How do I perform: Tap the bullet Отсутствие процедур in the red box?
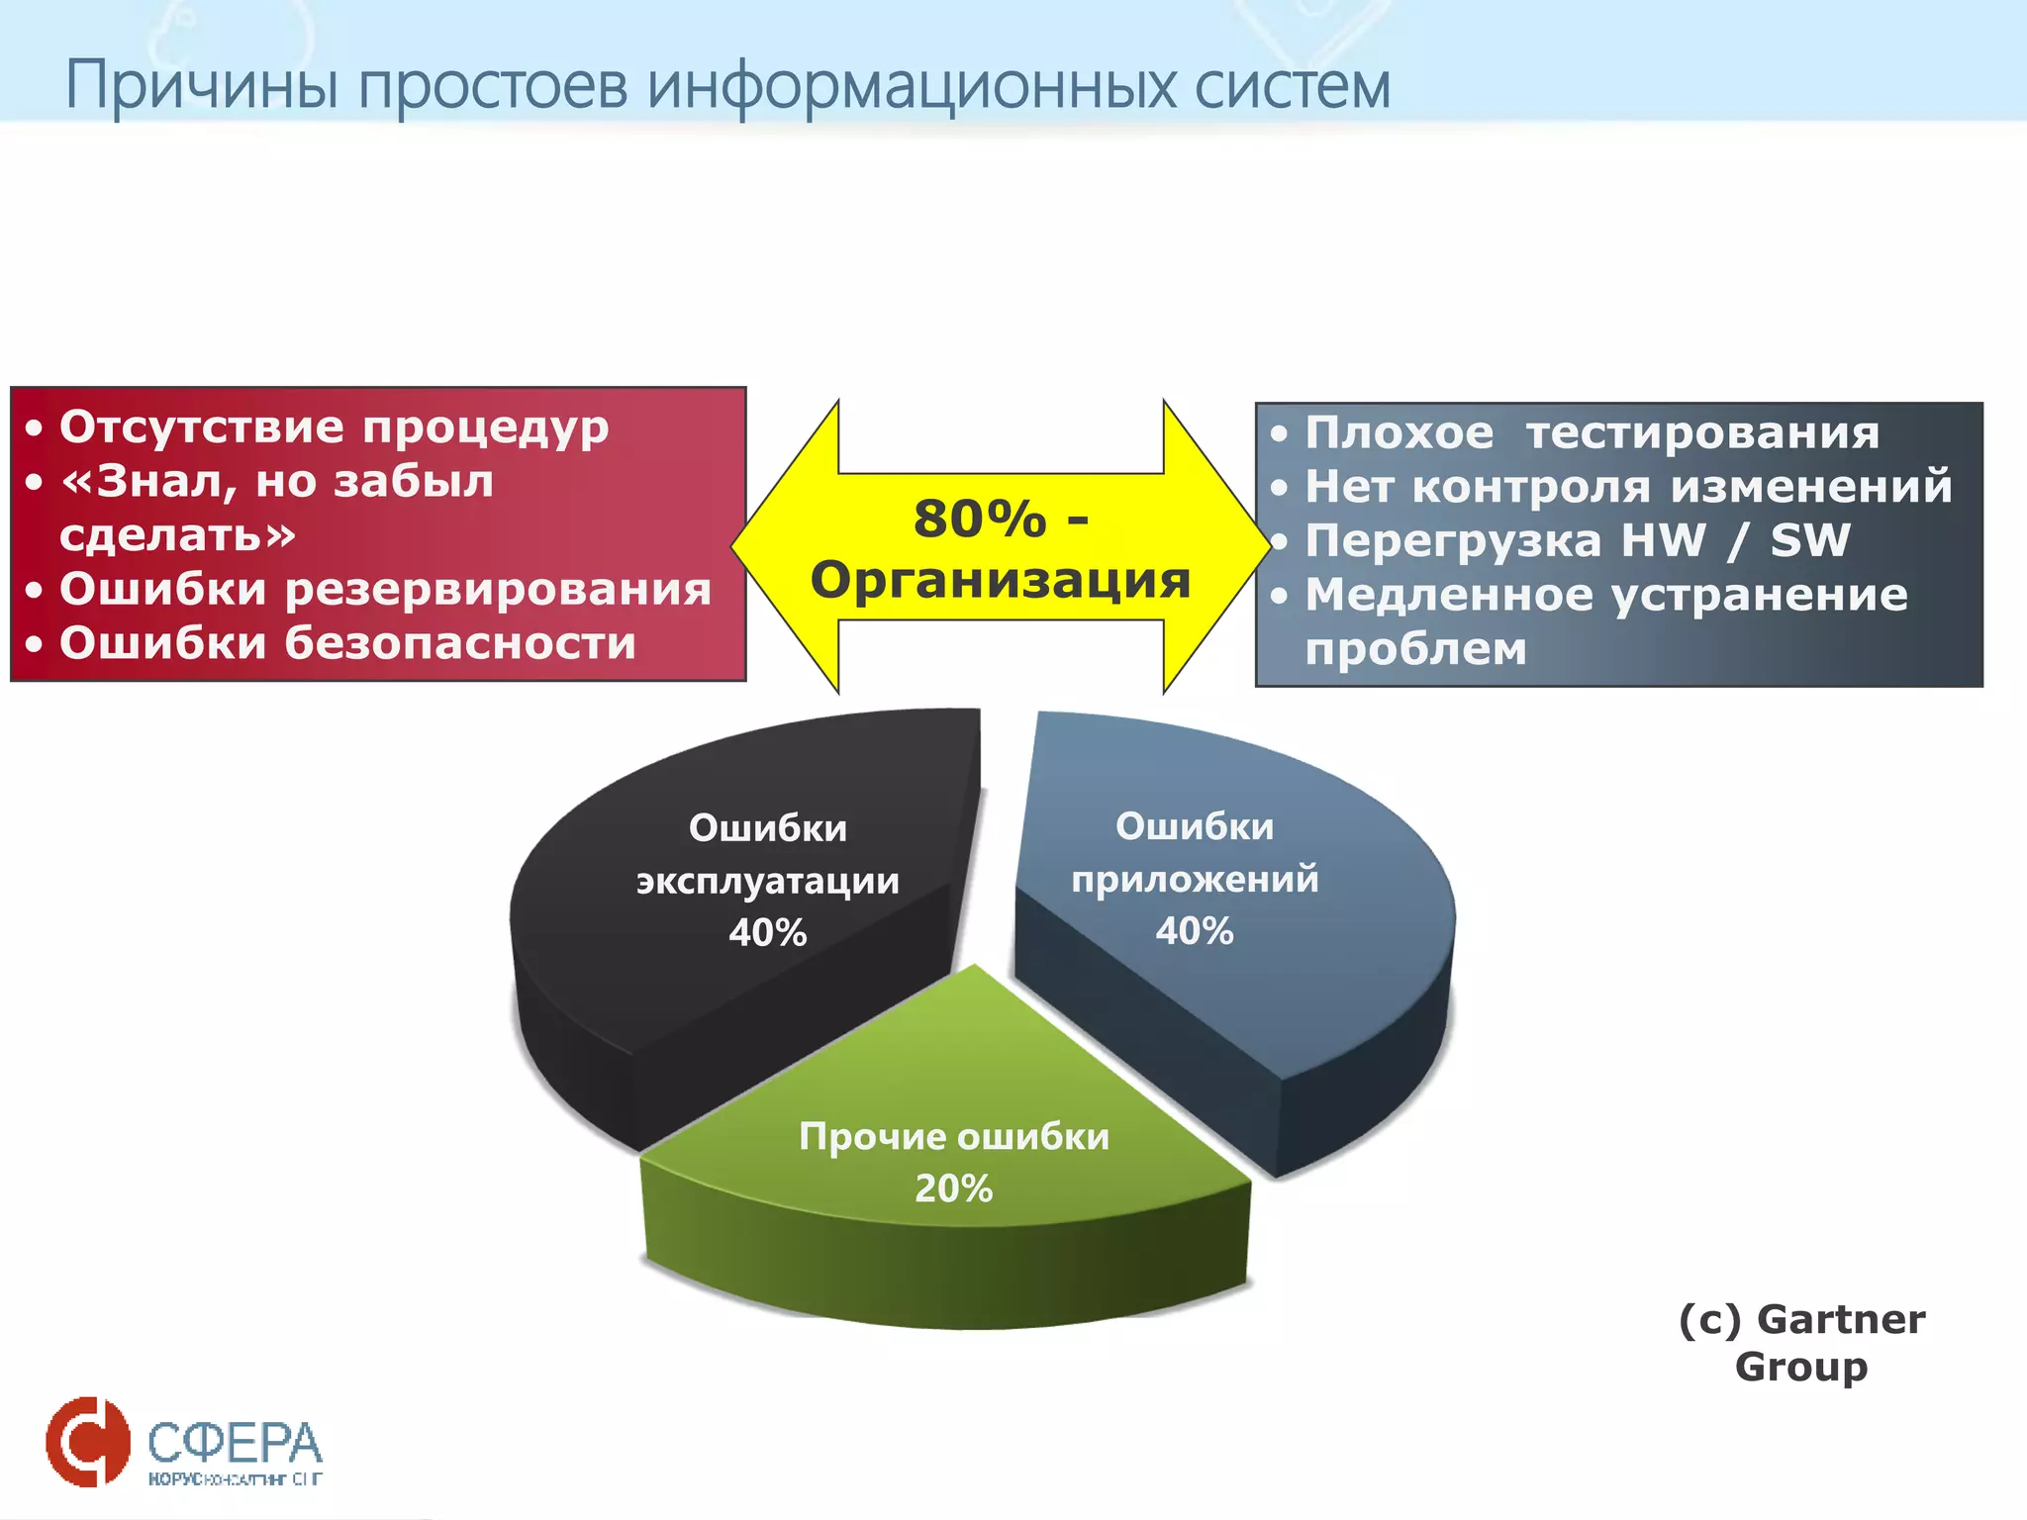(x=334, y=427)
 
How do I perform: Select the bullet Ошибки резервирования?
(x=385, y=590)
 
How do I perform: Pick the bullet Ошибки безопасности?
(x=347, y=643)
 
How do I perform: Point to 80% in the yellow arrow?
(x=979, y=519)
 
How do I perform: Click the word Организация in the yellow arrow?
(x=1000, y=579)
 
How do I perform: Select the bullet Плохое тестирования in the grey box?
(x=1592, y=433)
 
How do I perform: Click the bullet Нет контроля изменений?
(x=1628, y=487)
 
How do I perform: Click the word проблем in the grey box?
(x=1415, y=649)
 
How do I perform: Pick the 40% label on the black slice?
(x=767, y=932)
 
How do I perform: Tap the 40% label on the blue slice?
(x=1194, y=930)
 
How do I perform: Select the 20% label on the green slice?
(x=953, y=1187)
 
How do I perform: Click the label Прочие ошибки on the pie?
(x=953, y=1136)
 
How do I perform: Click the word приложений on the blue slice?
(x=1194, y=879)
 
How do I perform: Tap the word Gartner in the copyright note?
(x=1841, y=1319)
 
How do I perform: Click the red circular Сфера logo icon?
(x=87, y=1441)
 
